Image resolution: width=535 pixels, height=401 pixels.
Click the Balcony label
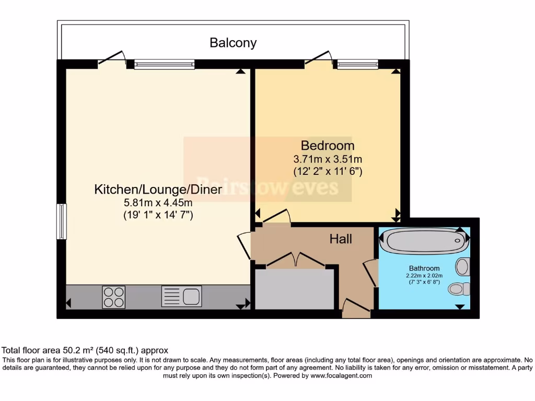click(x=233, y=43)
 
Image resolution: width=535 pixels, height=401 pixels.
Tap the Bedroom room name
click(x=327, y=146)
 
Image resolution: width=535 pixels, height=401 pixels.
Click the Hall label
click(x=341, y=239)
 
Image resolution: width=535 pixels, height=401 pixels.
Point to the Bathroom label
click(x=424, y=268)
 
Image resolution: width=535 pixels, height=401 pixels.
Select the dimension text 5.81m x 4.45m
click(x=158, y=203)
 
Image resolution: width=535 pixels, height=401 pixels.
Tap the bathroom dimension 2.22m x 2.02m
click(x=424, y=276)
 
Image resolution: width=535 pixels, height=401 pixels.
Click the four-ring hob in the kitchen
click(x=113, y=297)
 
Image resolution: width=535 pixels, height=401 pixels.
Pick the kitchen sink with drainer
click(x=181, y=297)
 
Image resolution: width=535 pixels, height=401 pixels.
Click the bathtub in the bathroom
click(x=424, y=241)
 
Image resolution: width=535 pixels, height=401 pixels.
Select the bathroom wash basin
click(x=462, y=267)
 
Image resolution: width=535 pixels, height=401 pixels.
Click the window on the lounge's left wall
click(x=62, y=221)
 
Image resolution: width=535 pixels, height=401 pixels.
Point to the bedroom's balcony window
click(x=357, y=65)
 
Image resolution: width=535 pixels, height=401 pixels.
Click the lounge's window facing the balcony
click(x=164, y=65)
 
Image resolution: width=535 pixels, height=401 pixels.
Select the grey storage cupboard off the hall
click(x=294, y=289)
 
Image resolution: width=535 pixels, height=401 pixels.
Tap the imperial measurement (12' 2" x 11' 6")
click(x=328, y=171)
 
